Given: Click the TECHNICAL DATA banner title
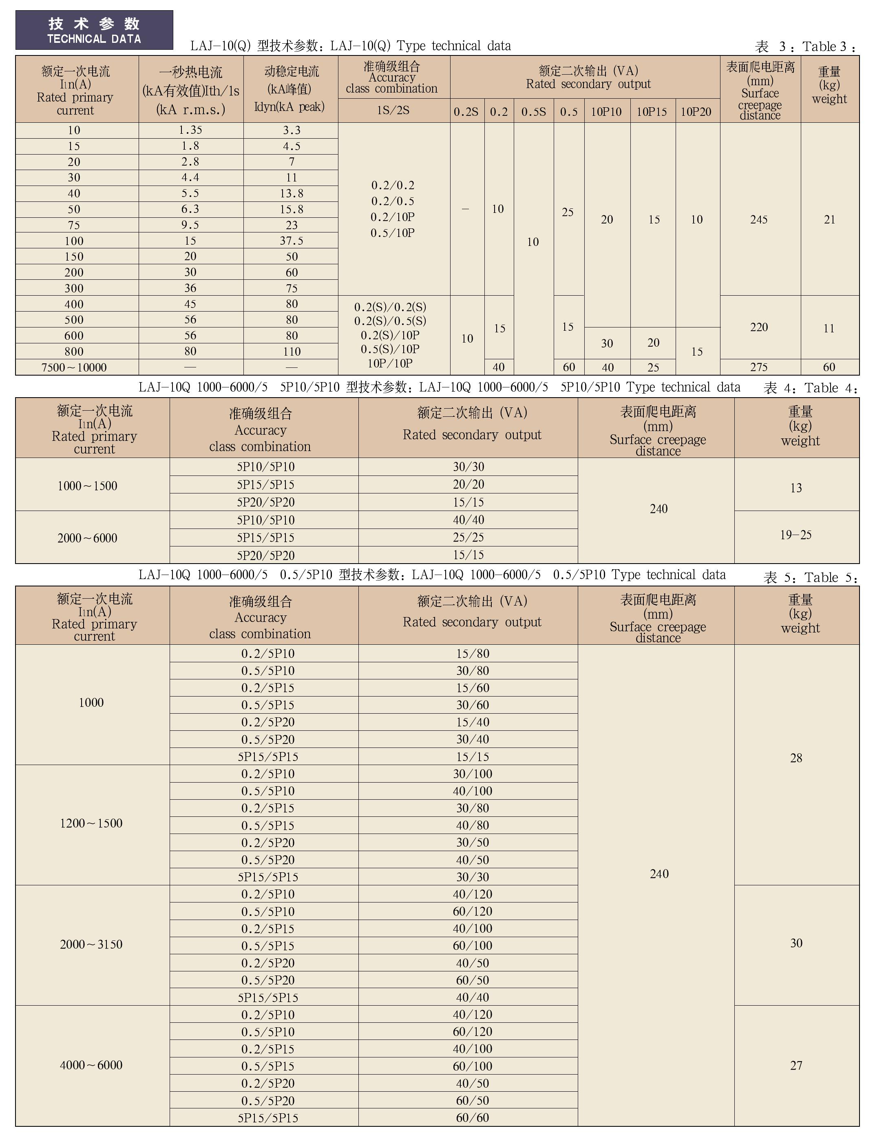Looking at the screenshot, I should pyautogui.click(x=94, y=31).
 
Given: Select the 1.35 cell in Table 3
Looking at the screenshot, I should pyautogui.click(x=190, y=130).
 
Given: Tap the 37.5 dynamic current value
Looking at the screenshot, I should pyautogui.click(x=291, y=241).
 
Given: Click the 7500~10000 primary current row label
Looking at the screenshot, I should pyautogui.click(x=74, y=367).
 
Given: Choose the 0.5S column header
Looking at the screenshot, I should pyautogui.click(x=533, y=111).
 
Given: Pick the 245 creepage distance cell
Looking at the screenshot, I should pyautogui.click(x=759, y=220).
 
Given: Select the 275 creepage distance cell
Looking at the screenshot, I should pyautogui.click(x=759, y=367).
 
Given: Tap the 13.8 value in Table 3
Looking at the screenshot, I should pyautogui.click(x=291, y=194).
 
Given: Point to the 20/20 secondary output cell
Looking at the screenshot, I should pyautogui.click(x=468, y=484).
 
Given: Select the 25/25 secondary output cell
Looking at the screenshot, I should pyautogui.click(x=468, y=537).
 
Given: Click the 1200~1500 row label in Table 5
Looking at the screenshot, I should pyautogui.click(x=91, y=823).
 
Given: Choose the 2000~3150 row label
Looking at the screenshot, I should pyautogui.click(x=91, y=944).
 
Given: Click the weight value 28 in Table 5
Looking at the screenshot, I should pyautogui.click(x=796, y=758).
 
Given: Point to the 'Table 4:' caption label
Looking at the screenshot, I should pyautogui.click(x=830, y=388).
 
